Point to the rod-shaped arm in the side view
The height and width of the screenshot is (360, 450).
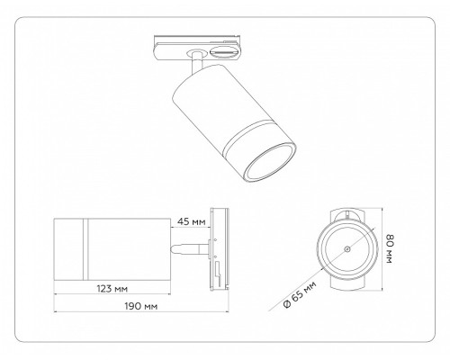187,244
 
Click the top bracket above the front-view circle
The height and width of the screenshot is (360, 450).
346,212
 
